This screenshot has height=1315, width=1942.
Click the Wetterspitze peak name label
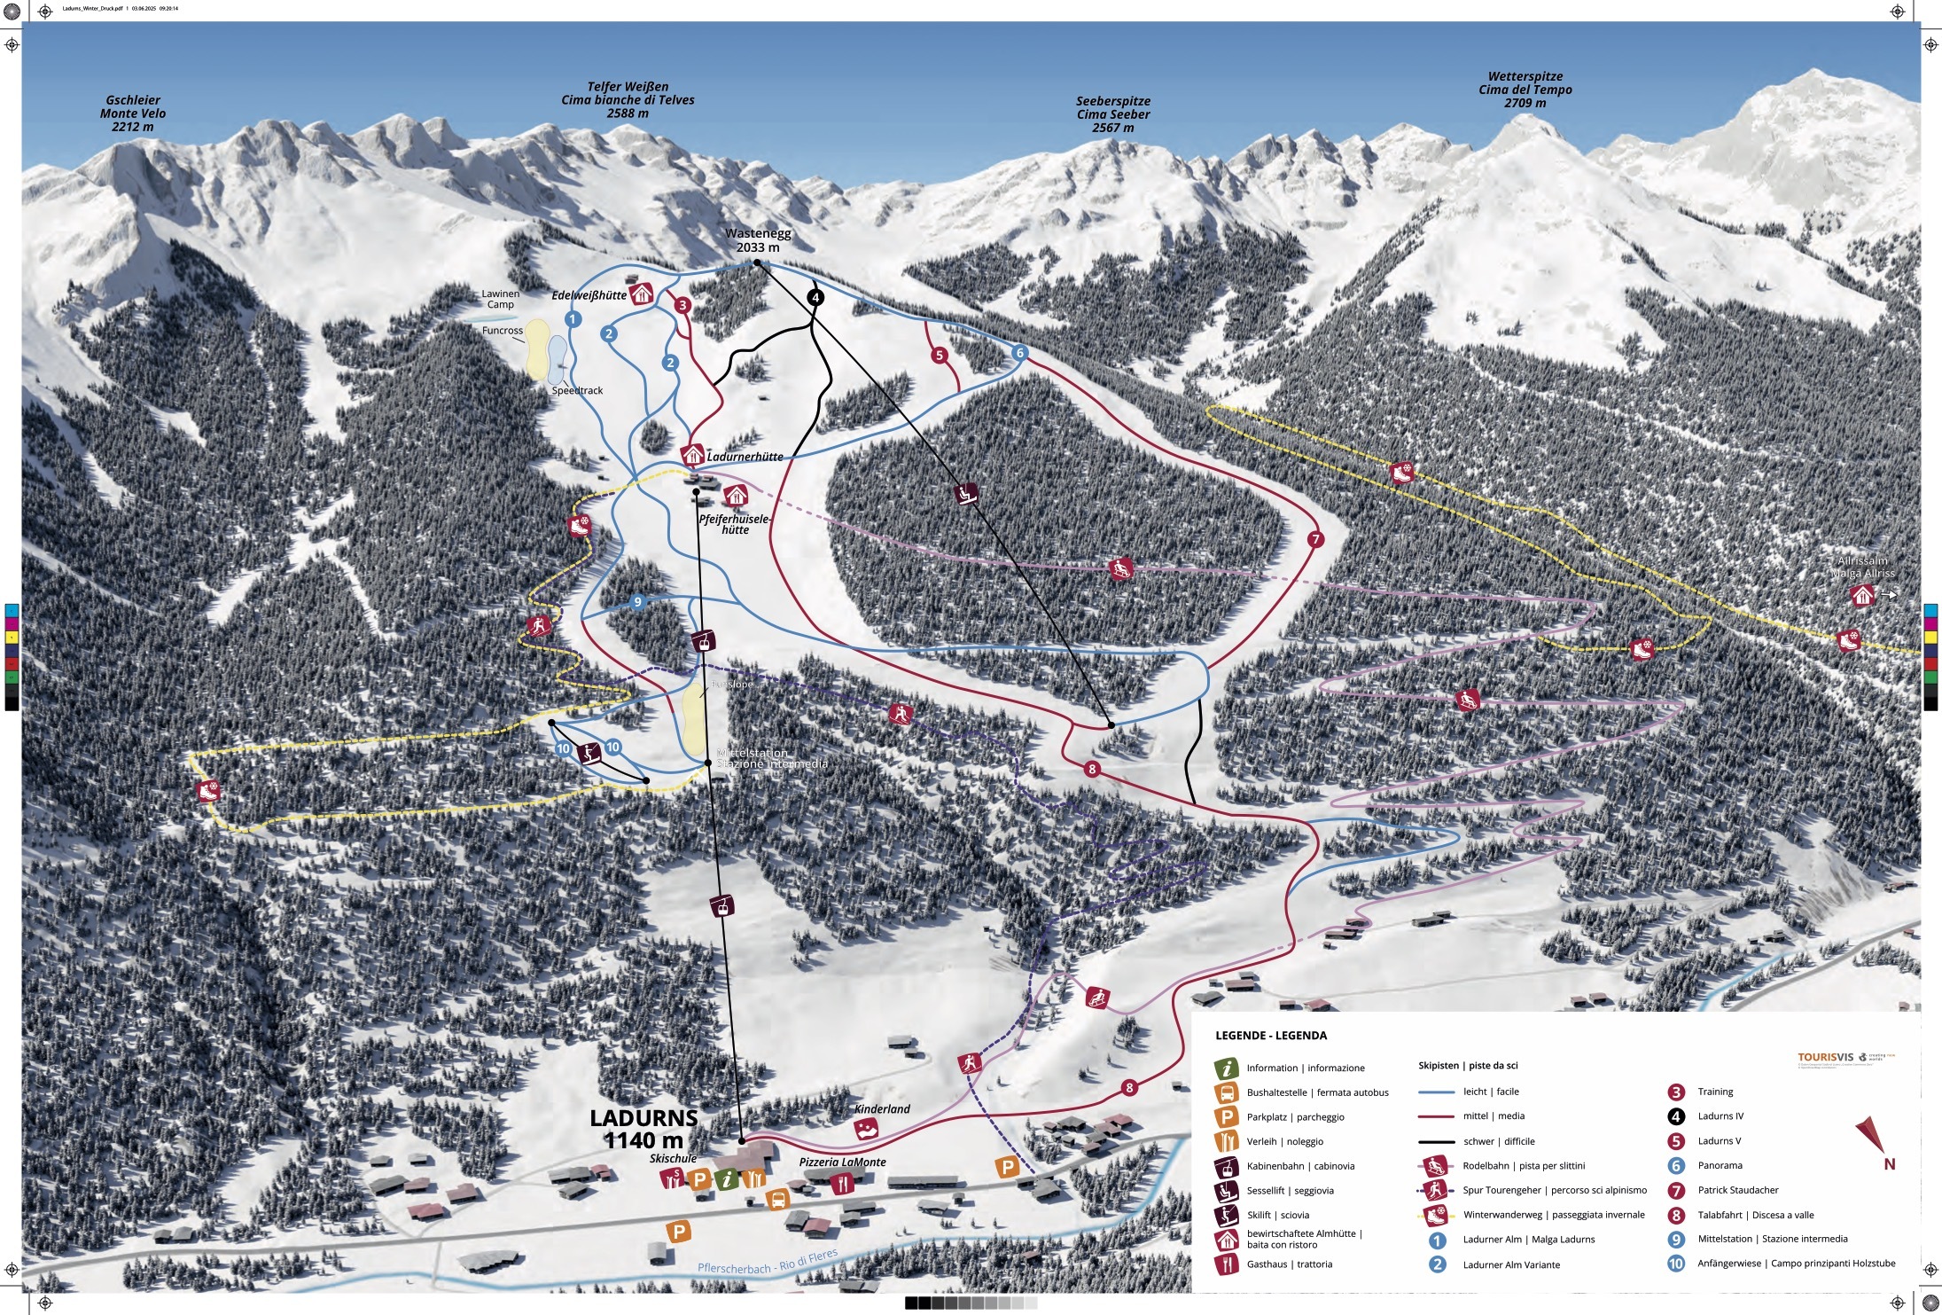click(1525, 90)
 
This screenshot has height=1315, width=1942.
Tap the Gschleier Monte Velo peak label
click(133, 113)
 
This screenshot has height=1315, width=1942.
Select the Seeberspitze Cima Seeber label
click(1112, 114)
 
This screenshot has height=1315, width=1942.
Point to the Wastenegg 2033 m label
click(758, 240)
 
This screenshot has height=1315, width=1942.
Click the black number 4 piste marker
click(815, 298)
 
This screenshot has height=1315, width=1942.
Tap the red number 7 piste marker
click(1315, 539)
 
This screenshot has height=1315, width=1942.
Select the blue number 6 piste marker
click(1019, 353)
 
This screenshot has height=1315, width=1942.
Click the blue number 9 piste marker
click(637, 602)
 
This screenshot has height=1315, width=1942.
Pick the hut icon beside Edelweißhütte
click(642, 294)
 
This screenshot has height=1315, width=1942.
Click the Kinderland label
click(882, 1109)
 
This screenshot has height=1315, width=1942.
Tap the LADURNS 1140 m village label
click(644, 1129)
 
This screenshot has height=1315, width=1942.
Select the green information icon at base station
click(727, 1179)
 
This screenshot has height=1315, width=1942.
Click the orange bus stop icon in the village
click(777, 1200)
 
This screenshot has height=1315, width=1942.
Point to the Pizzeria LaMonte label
click(842, 1162)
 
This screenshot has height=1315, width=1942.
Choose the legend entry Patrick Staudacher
click(1737, 1190)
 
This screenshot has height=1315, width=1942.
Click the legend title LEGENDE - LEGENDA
click(1270, 1036)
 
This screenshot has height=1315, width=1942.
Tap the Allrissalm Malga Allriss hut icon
click(1863, 596)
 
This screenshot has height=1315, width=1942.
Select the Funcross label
click(502, 331)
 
